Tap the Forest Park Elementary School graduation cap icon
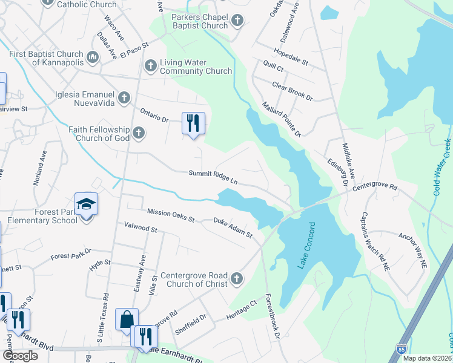point(86,203)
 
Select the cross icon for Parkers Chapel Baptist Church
point(237,21)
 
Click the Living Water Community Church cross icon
point(151,65)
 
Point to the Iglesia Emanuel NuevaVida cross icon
point(124,97)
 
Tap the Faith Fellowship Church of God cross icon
point(139,132)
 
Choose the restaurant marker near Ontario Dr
point(194,123)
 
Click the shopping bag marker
point(127,319)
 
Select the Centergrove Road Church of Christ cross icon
point(237,279)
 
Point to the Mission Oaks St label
point(171,215)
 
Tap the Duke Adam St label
point(233,228)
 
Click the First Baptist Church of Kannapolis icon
point(93,57)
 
